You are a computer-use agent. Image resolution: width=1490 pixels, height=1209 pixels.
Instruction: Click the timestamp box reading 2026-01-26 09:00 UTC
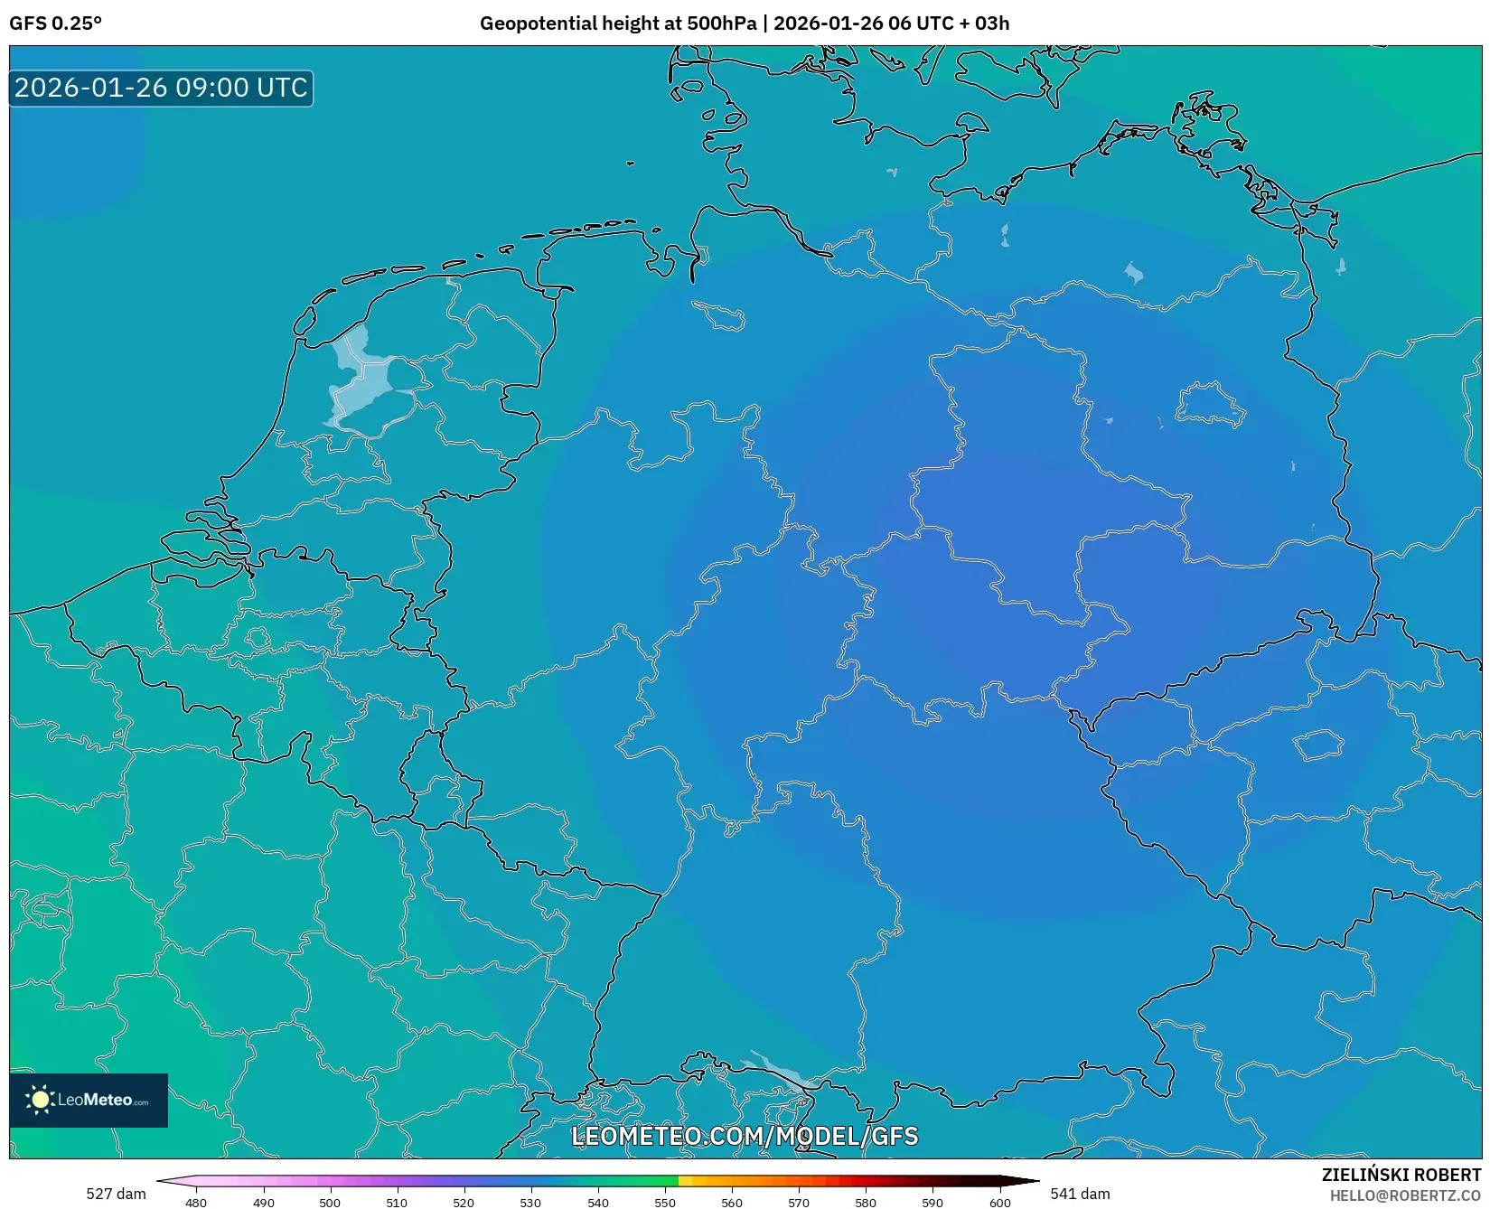coord(161,88)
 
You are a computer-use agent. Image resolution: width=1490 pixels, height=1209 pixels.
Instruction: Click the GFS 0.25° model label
coord(55,23)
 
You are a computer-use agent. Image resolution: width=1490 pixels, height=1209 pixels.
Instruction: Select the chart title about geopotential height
coord(744,23)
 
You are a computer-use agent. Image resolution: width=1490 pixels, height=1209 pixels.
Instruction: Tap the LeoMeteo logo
coord(89,1100)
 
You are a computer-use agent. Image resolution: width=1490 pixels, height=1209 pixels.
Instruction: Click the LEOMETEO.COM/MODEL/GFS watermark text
coord(745,1136)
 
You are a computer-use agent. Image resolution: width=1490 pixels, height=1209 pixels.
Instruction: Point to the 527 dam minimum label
coord(116,1194)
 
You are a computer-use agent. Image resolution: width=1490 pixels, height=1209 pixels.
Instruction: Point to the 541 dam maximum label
coord(1080,1194)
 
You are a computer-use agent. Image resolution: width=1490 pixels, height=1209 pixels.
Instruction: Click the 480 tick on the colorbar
coord(196,1203)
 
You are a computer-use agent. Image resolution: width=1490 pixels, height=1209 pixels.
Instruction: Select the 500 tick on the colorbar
coord(330,1203)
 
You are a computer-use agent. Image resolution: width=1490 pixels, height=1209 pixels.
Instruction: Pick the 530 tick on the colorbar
coord(530,1203)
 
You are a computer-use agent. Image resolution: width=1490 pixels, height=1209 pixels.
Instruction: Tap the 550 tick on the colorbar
coord(665,1203)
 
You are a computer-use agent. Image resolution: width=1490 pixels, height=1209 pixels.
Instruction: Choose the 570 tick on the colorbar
coord(799,1203)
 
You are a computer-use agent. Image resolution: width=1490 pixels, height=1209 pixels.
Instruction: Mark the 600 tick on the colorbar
coord(999,1203)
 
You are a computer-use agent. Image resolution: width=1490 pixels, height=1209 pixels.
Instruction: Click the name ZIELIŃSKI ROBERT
coord(1401,1175)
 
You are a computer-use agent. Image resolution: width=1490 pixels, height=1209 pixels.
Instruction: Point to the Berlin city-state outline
coord(1209,404)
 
